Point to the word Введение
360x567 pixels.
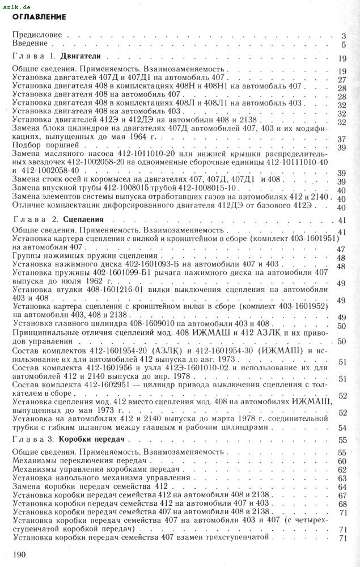click(31, 44)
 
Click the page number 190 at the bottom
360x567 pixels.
click(21, 552)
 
